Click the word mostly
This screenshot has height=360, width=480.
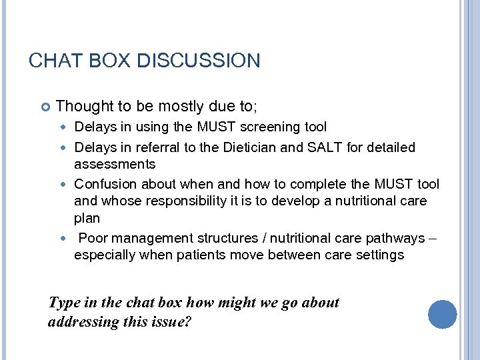(177, 105)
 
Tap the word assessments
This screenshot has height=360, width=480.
(115, 164)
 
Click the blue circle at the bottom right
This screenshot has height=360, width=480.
(443, 315)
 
